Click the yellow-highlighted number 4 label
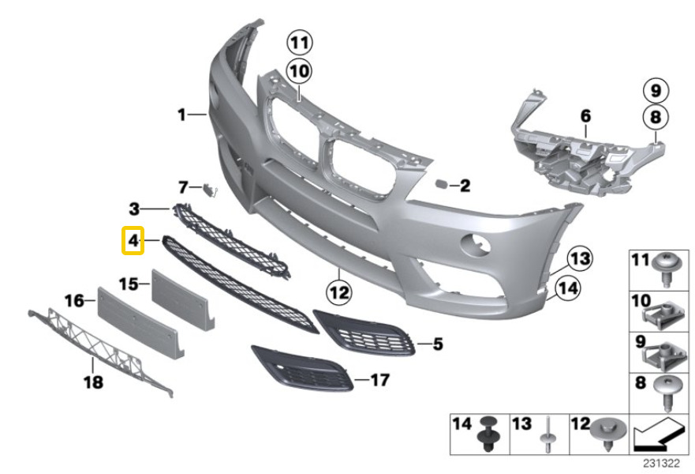(x=133, y=240)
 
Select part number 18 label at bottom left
(x=93, y=383)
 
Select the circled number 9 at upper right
(x=654, y=88)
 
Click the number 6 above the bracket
(x=585, y=116)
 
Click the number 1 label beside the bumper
(x=181, y=115)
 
